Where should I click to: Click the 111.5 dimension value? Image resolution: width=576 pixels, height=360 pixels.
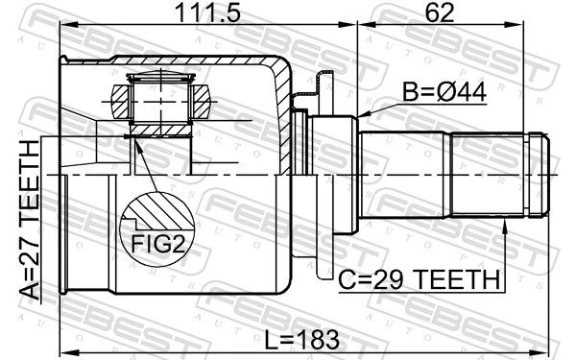tap(208, 12)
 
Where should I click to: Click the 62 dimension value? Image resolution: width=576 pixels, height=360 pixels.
tap(440, 12)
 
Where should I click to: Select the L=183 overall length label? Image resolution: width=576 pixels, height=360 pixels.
tap(302, 340)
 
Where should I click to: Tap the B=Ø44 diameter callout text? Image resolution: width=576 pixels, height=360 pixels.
tap(444, 92)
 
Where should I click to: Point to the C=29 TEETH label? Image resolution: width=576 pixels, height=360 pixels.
tap(419, 280)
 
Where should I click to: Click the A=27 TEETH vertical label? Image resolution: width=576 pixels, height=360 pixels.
tap(30, 220)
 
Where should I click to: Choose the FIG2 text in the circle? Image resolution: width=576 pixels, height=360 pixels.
tap(158, 244)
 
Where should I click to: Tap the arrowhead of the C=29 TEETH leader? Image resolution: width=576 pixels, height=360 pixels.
tap(505, 226)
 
